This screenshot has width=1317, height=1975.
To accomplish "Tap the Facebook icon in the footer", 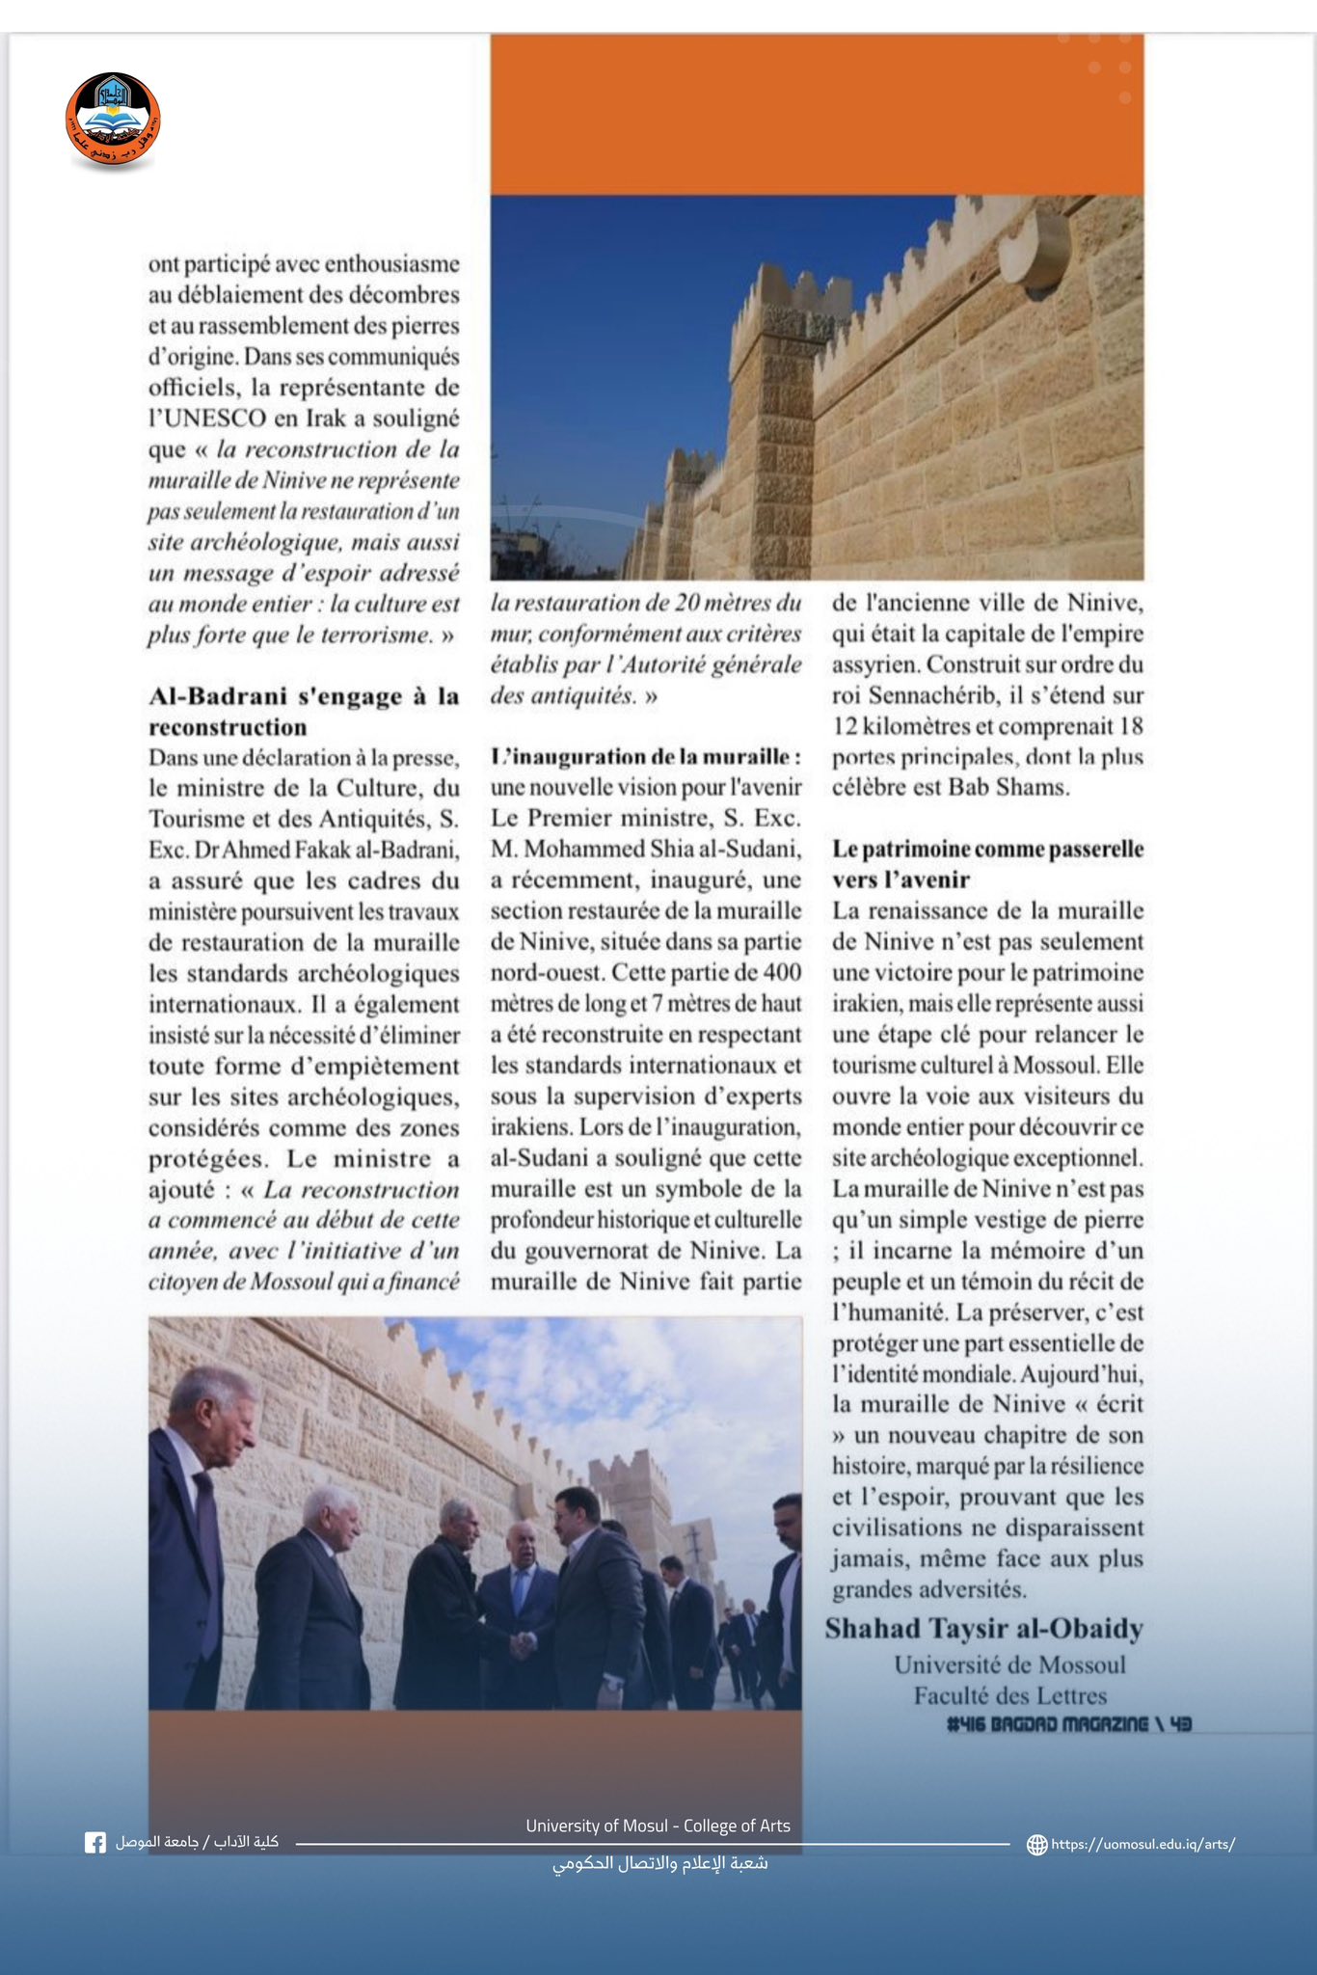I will [95, 1843].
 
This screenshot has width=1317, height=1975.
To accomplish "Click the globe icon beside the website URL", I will [1037, 1845].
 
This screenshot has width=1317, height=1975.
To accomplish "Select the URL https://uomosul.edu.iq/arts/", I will [1142, 1845].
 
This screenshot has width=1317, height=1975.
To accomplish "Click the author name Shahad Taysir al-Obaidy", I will [983, 1629].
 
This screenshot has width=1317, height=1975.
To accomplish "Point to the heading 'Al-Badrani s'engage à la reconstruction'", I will [304, 712].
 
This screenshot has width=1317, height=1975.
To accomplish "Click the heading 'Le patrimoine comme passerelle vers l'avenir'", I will [987, 864].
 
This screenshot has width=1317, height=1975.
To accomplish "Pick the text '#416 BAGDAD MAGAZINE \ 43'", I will [1068, 1723].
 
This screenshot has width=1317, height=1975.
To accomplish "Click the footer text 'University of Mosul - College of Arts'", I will [658, 1826].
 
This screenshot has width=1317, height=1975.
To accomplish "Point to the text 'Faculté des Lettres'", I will [1009, 1695].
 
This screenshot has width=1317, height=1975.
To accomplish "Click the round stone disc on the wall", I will [1035, 250].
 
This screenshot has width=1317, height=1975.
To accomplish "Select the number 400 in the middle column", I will [782, 973].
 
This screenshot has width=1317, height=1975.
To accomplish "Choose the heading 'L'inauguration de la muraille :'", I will [645, 757].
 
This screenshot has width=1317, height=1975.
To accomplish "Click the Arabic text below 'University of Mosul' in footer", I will [659, 1863].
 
